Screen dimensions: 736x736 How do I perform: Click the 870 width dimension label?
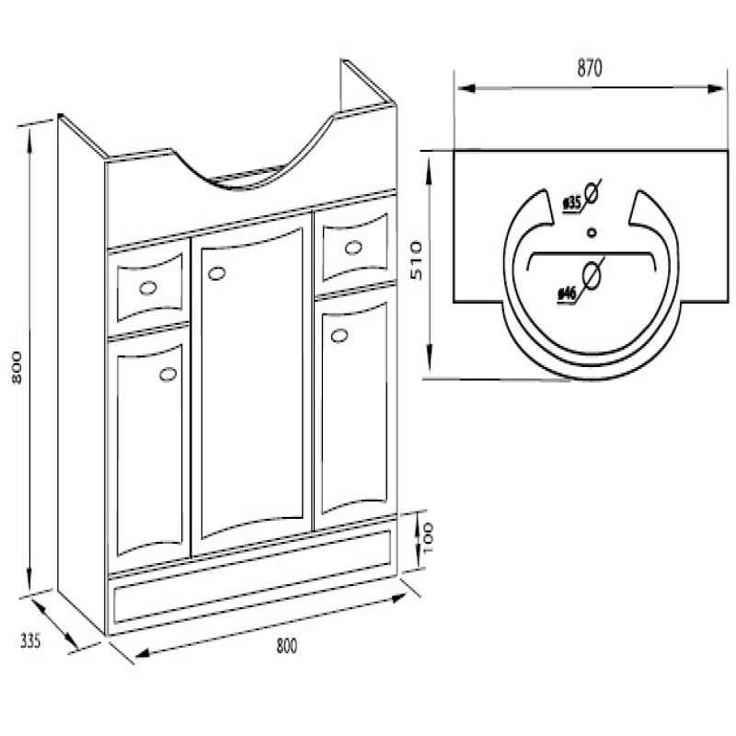(x=589, y=68)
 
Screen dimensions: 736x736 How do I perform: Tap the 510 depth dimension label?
(x=417, y=260)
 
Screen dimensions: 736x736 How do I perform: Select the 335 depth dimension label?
(x=30, y=640)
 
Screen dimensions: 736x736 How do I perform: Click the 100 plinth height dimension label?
(x=428, y=538)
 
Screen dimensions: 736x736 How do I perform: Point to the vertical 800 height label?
(x=17, y=367)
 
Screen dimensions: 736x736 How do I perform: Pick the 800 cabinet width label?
(x=287, y=646)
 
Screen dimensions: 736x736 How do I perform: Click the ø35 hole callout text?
(x=572, y=203)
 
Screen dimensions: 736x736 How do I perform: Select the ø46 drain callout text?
(x=568, y=294)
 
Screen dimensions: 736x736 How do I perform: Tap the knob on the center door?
(x=216, y=273)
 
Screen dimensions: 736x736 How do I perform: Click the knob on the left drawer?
(x=148, y=288)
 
